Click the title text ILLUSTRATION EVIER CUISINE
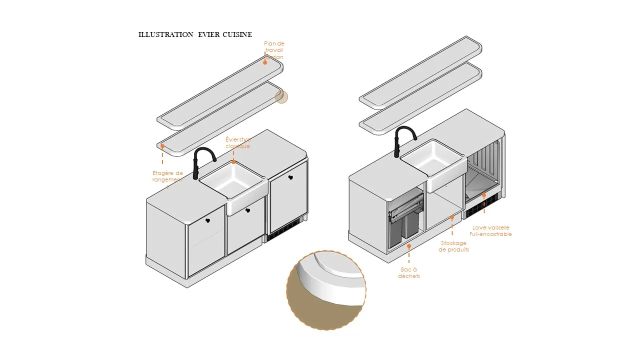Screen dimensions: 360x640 195,34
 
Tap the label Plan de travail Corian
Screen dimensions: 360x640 274,50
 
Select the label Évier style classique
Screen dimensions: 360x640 238,142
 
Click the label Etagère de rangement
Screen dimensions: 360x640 167,176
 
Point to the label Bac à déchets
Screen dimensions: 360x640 409,272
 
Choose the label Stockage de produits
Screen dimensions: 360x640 453,246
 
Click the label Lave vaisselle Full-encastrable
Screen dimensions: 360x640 490,230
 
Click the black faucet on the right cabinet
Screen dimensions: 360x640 404,140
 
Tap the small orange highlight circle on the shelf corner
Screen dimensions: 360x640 281,97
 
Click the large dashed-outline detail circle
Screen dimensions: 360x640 326,290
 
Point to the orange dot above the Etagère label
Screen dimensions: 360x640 162,146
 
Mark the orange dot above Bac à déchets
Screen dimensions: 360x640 409,246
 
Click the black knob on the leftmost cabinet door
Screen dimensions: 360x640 207,219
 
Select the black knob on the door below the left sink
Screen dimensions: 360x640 247,211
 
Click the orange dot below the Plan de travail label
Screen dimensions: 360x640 265,62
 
